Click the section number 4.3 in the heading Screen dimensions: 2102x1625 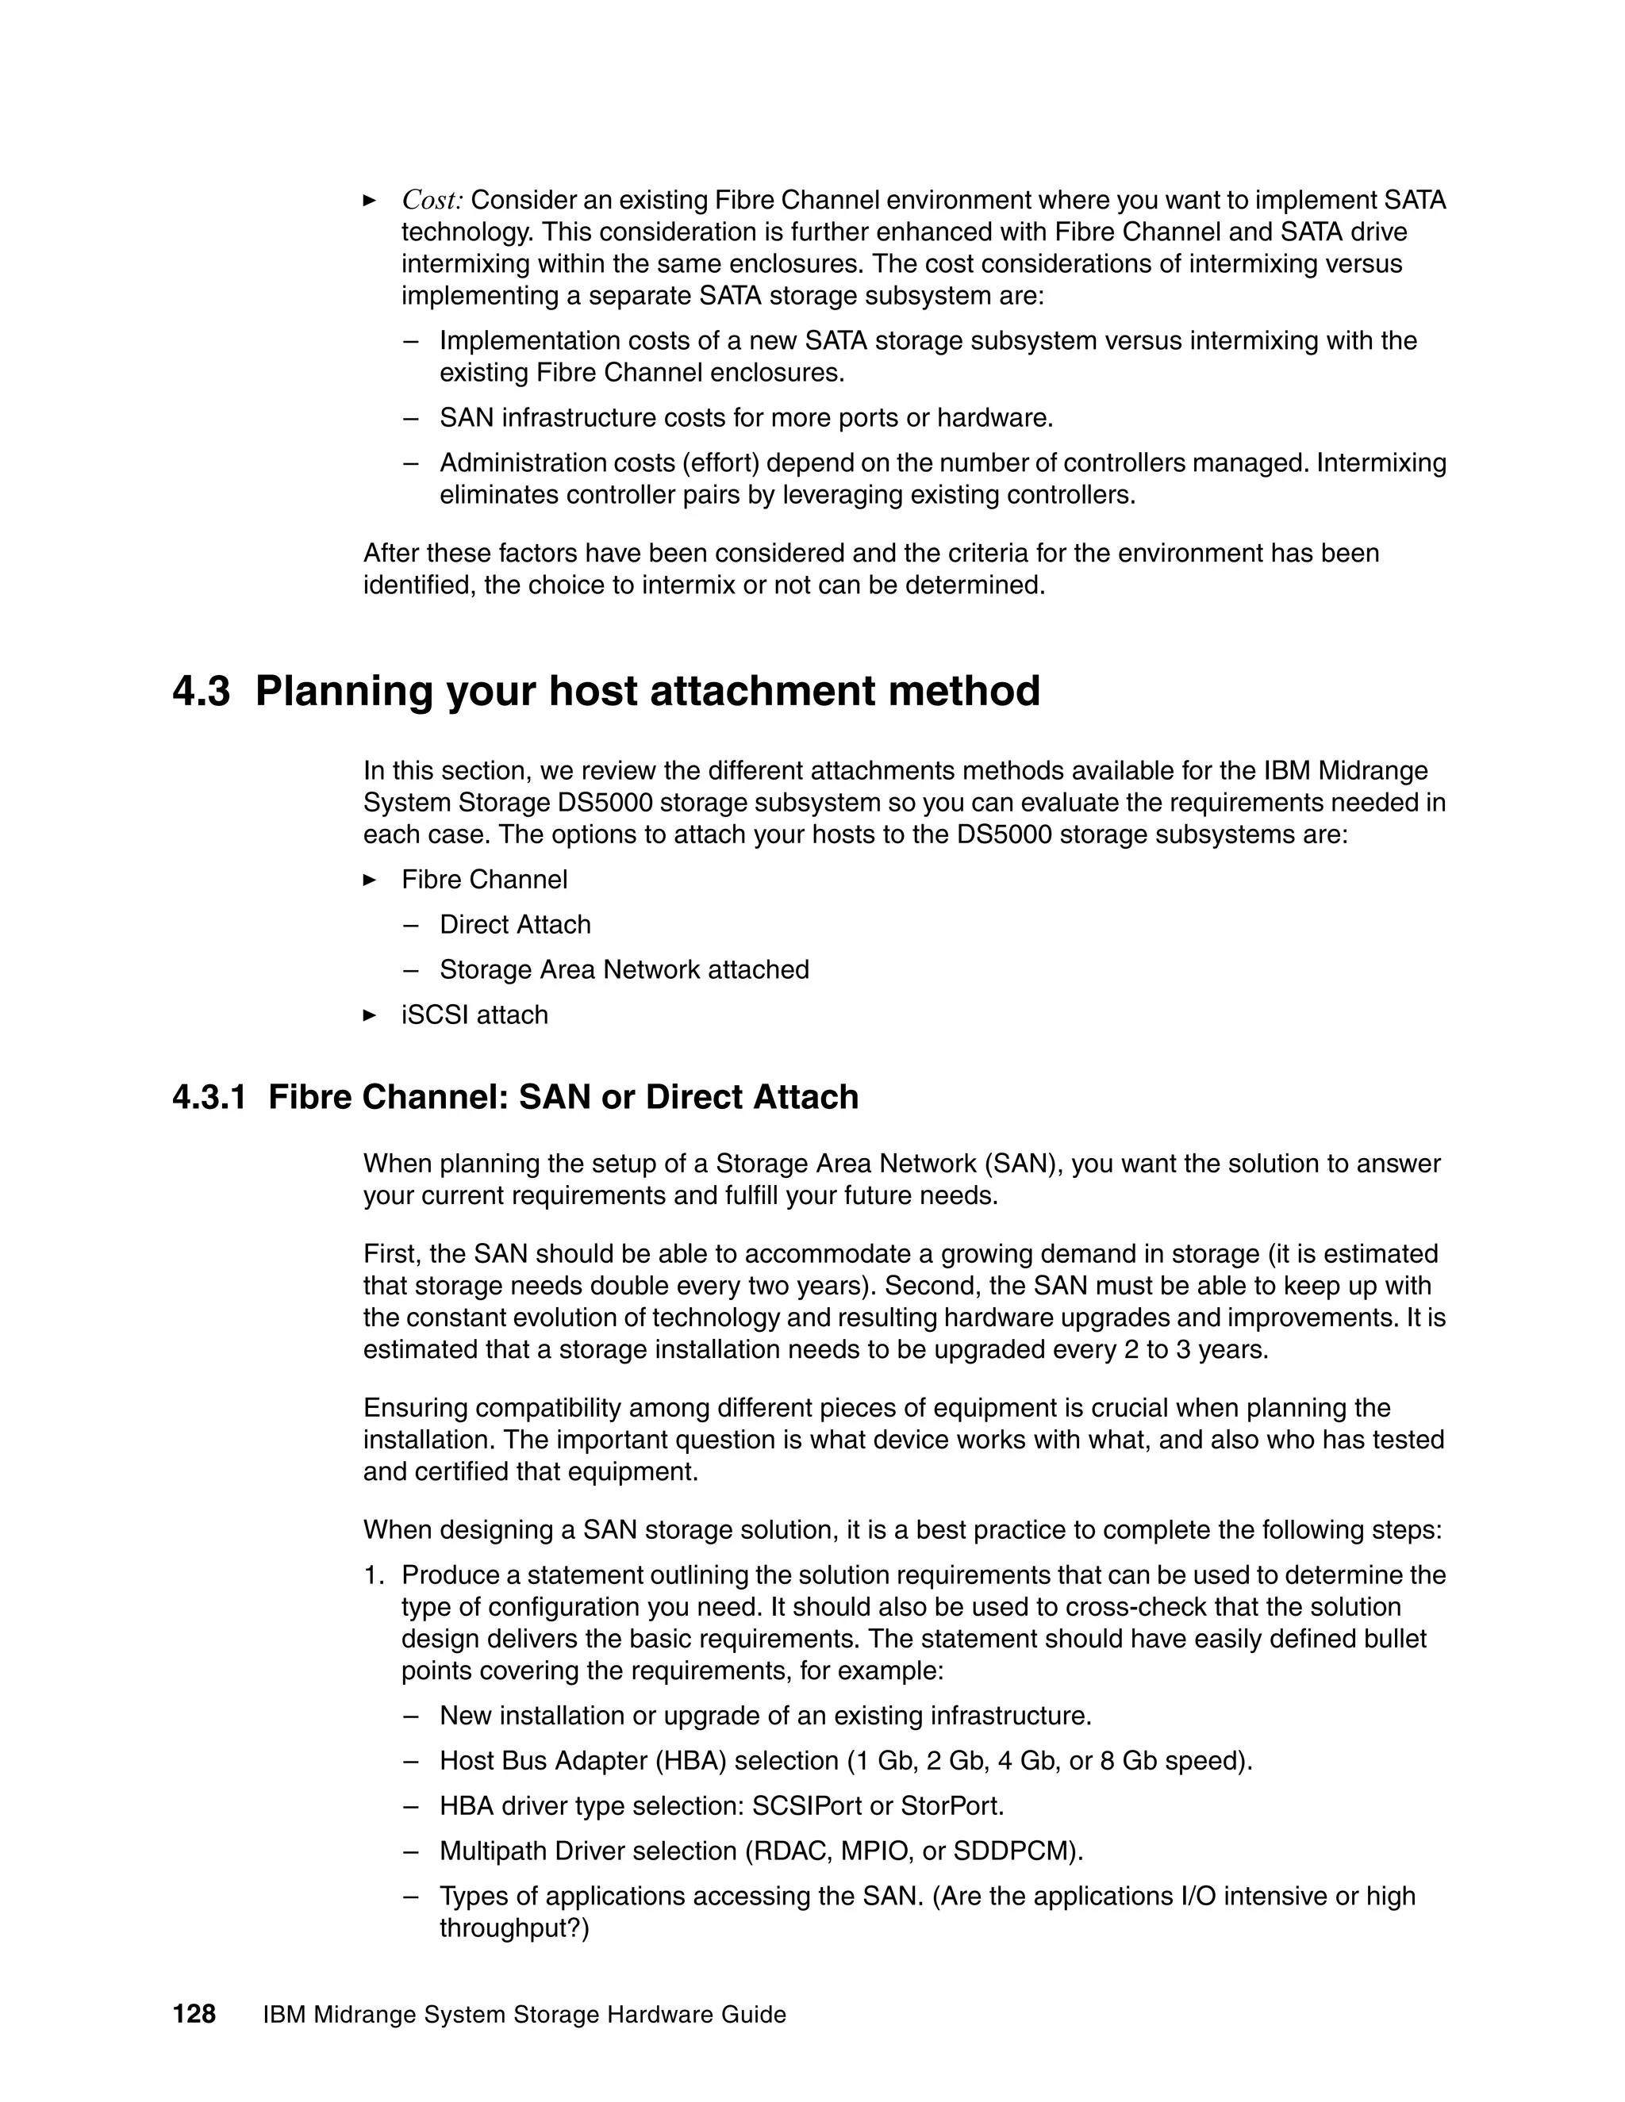202,692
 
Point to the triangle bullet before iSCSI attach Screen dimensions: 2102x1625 370,1015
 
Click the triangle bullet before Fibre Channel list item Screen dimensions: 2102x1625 370,879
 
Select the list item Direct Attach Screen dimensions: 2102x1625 515,924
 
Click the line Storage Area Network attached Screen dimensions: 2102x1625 624,969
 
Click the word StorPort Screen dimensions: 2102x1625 951,1805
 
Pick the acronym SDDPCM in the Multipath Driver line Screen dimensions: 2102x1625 1022,1851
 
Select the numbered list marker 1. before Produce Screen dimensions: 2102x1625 374,1575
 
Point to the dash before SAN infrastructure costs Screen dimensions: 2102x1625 411,419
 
